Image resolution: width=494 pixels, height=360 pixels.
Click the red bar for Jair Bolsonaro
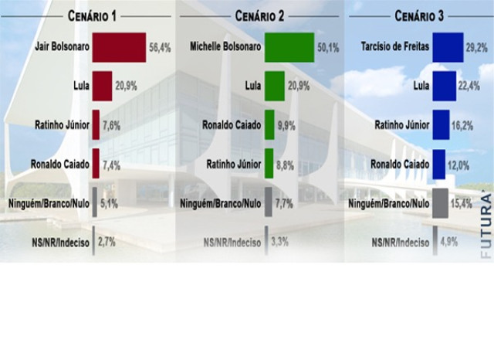(119, 47)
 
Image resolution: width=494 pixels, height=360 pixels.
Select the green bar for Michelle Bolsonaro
(289, 47)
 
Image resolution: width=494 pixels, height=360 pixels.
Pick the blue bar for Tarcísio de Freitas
(448, 47)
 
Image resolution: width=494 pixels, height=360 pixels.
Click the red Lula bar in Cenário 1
(102, 86)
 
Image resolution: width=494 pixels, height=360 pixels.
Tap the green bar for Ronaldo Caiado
(269, 124)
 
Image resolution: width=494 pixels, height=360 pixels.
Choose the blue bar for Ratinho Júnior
(441, 124)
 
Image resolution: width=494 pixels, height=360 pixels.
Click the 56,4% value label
(159, 47)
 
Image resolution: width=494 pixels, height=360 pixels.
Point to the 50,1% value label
(328, 47)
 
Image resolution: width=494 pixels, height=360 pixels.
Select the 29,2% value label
(477, 47)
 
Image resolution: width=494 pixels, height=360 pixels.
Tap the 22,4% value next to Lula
(471, 86)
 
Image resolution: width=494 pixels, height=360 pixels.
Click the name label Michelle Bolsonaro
(225, 47)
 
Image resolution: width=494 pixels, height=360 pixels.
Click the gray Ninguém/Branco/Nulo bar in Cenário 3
(440, 203)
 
